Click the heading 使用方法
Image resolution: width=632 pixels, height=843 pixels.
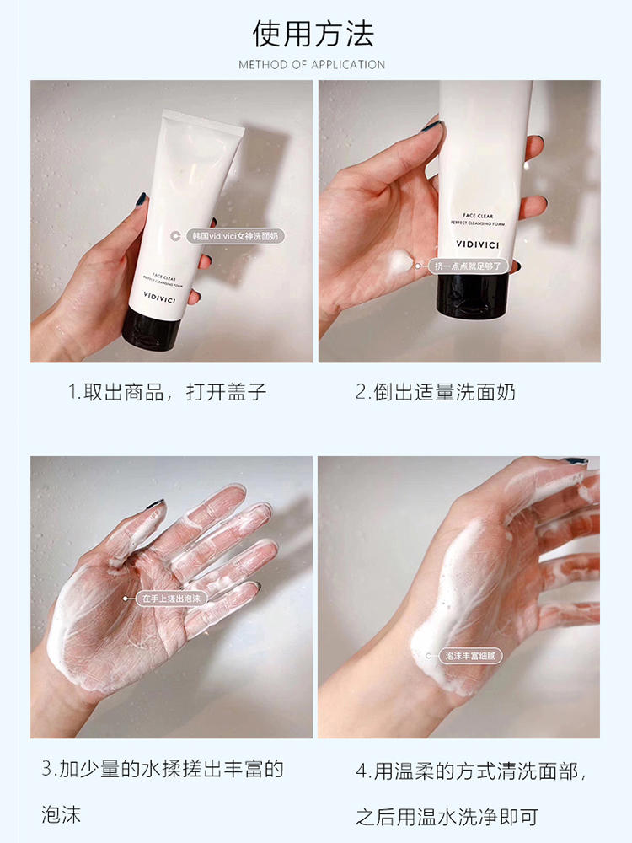[313, 34]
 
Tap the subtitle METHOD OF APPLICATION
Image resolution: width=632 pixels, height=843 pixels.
[312, 65]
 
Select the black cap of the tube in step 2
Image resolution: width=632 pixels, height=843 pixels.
[473, 294]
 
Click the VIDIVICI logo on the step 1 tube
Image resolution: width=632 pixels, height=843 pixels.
[159, 298]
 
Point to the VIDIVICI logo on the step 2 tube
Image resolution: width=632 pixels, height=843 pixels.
[477, 244]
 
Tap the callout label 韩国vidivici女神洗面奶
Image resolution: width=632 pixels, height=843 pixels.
[234, 236]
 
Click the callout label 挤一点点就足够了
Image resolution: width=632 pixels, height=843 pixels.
[468, 266]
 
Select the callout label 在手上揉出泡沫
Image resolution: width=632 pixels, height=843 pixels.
[171, 599]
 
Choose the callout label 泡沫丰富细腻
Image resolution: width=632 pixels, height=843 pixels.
[470, 656]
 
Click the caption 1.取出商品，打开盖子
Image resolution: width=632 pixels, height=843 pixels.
[167, 392]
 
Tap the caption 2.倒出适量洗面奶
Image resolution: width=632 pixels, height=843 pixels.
[436, 392]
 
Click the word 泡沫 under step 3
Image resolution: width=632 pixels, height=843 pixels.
[62, 814]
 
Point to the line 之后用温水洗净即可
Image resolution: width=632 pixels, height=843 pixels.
[447, 817]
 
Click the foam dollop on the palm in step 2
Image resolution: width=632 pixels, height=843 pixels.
[399, 262]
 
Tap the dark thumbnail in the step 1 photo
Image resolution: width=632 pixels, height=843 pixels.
[142, 200]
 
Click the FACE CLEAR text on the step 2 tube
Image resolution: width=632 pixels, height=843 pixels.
[478, 216]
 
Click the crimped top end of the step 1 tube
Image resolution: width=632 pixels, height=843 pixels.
[203, 120]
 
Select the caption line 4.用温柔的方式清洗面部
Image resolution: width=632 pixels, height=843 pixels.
[471, 771]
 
